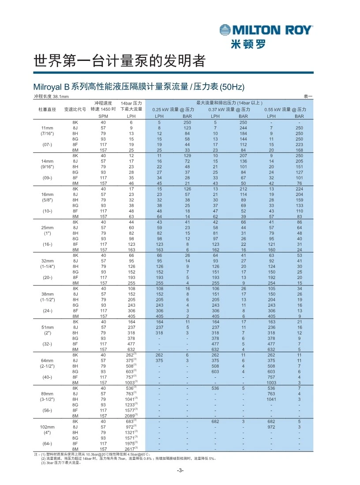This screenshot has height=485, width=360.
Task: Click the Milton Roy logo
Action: pyautogui.click(x=266, y=30)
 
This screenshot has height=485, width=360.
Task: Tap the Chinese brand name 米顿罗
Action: pyautogui.click(x=248, y=44)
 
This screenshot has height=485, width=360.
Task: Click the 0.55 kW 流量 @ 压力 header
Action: pyautogui.click(x=285, y=109)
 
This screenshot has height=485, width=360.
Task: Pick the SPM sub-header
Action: pyautogui.click(x=103, y=116)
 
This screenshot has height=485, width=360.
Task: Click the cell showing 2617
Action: pyautogui.click(x=129, y=449)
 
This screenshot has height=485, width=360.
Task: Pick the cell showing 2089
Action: pyautogui.click(x=129, y=415)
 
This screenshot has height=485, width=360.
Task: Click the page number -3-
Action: pyautogui.click(x=180, y=470)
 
